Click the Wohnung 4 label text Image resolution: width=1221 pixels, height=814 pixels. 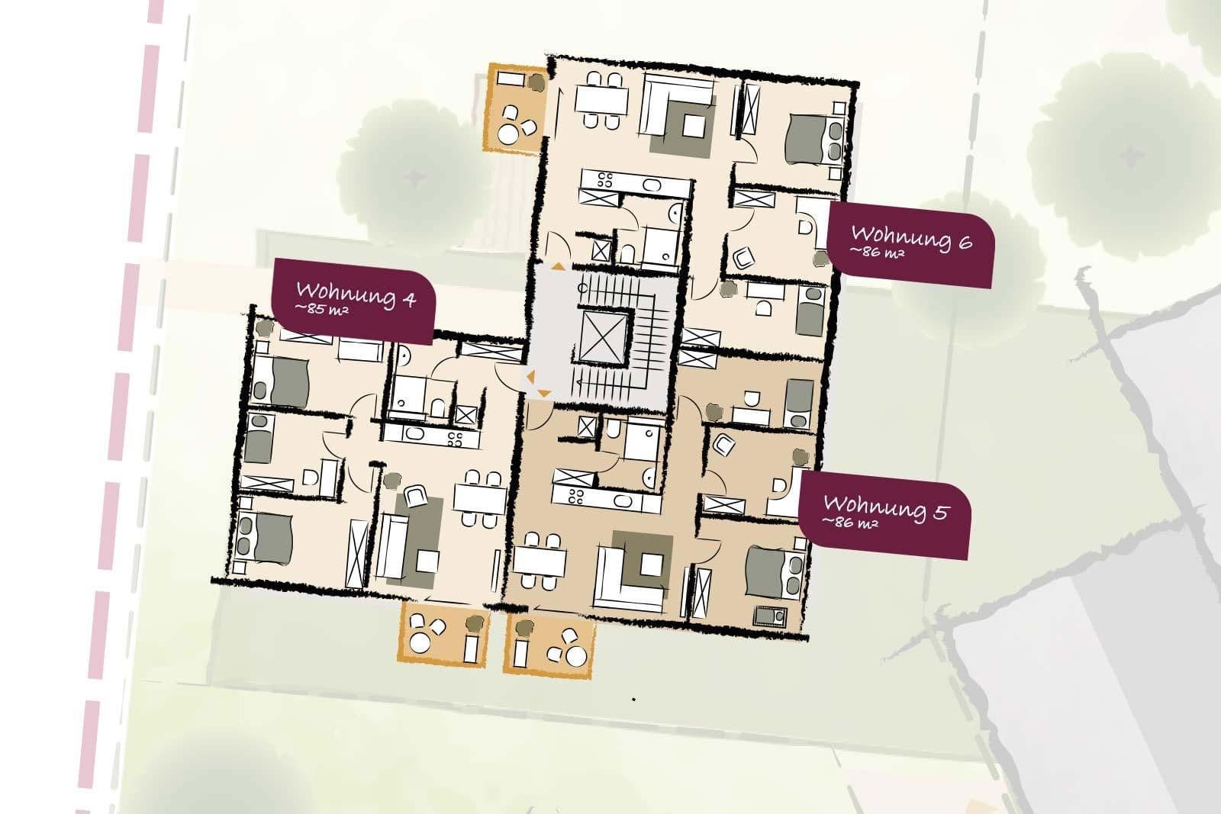click(355, 294)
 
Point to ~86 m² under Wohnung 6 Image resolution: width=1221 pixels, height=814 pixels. click(878, 252)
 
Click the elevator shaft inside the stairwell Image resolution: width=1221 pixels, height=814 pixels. click(603, 336)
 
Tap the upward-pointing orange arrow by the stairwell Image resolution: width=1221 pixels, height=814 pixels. click(559, 266)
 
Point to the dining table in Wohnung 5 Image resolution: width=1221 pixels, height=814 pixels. click(540, 563)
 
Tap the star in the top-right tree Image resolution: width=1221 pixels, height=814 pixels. click(1130, 156)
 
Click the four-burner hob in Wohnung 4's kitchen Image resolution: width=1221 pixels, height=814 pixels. click(455, 438)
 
